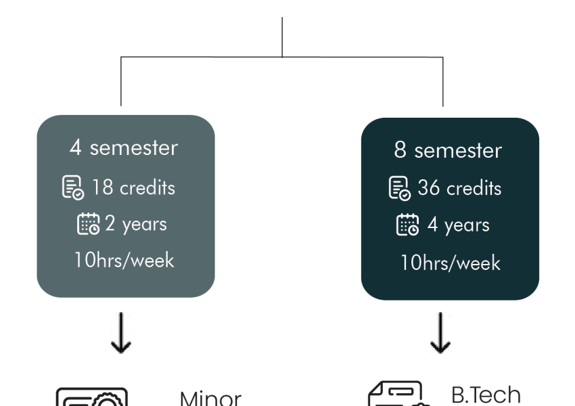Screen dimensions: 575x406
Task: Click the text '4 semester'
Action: pos(124,148)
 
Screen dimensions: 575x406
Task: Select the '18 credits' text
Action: pos(133,188)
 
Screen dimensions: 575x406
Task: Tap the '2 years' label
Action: pos(136,224)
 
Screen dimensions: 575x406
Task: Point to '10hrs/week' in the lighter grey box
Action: pos(124,260)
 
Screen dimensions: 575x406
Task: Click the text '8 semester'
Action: pos(448,150)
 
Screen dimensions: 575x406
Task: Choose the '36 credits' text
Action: pos(459,188)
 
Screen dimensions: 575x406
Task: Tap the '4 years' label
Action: pos(459,225)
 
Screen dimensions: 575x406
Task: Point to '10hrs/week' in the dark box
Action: pos(451,263)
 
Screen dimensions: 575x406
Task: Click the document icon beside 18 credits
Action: pos(73,188)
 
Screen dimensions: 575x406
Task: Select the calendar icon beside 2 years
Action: pos(89,223)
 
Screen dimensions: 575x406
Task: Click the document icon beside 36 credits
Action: pos(399,188)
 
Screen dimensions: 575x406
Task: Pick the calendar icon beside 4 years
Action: pos(407,225)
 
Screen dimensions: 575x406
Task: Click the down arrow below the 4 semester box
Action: pos(121,333)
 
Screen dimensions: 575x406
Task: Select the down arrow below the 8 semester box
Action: pos(440,333)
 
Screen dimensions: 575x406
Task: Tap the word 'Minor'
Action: pos(211,399)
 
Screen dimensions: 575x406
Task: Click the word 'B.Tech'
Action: pos(486,395)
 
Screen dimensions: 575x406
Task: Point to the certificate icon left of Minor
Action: pos(92,397)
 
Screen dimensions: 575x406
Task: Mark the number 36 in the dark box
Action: pos(429,187)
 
